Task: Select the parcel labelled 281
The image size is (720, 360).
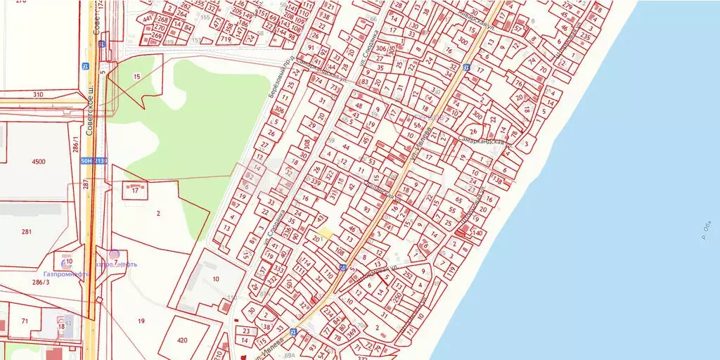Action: [x=27, y=232]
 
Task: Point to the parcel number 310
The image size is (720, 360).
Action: [x=38, y=94]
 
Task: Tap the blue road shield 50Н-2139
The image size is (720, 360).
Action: [x=93, y=160]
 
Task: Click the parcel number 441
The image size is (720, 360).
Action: [x=148, y=19]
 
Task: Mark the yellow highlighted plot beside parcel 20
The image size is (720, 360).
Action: [x=324, y=233]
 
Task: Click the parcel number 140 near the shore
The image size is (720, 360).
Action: [x=478, y=233]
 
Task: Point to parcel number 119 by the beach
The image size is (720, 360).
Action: [x=451, y=268]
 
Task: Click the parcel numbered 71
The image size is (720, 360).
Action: [x=25, y=321]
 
